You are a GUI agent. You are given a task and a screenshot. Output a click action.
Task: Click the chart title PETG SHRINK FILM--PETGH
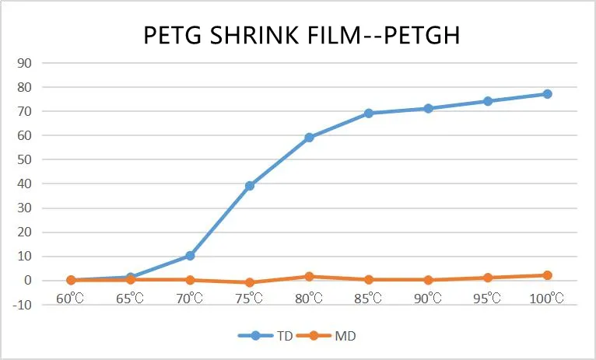point(299,36)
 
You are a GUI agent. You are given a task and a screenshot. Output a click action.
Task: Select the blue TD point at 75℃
point(250,186)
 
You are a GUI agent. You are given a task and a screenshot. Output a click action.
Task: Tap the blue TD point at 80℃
point(309,138)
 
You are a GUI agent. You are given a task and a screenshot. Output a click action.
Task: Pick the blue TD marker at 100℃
point(547,94)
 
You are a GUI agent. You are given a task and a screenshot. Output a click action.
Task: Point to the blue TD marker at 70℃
point(190,256)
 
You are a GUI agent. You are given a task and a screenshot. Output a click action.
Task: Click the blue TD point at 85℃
point(369,114)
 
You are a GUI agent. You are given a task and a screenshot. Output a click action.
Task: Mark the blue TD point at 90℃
point(428,109)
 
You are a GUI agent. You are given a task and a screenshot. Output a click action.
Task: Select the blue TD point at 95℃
point(488,101)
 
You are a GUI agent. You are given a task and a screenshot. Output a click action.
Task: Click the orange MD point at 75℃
point(250,282)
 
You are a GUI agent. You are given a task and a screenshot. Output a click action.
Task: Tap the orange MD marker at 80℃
point(309,276)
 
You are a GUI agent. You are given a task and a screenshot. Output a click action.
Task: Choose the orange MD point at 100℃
point(547,275)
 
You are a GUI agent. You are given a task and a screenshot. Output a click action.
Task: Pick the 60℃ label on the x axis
point(71,299)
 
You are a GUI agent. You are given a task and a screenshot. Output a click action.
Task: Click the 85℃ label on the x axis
point(369,299)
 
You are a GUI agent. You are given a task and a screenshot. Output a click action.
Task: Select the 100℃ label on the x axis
point(547,299)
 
